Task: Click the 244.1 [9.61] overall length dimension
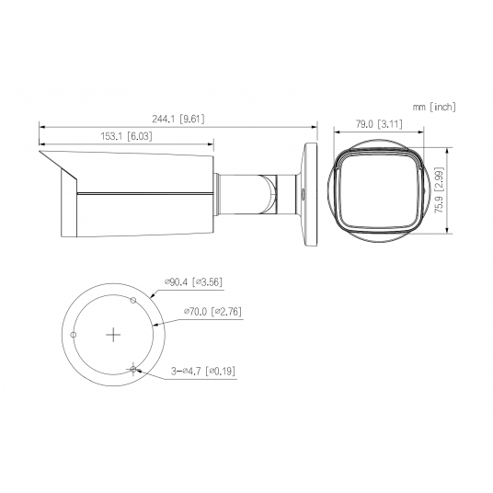point(178,119)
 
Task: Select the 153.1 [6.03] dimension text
point(126,136)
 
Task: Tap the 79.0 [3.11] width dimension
point(379,124)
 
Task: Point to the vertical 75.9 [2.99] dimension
point(439,190)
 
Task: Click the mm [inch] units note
point(434,107)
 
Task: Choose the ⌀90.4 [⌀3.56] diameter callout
point(194,281)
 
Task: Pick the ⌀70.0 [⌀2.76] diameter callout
point(212,311)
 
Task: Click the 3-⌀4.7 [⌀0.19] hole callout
point(202,371)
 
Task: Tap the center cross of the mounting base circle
point(113,334)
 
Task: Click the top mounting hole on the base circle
point(133,300)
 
